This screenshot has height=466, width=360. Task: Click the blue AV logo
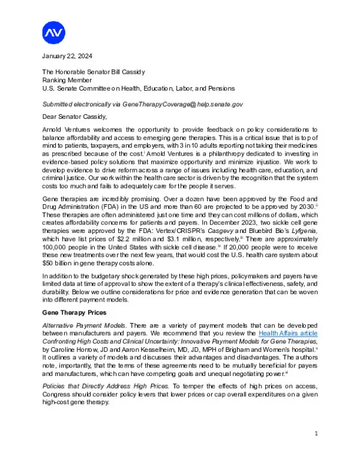(x=54, y=32)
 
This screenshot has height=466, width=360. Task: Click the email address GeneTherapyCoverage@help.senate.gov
(x=182, y=104)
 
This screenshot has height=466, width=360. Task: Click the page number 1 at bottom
(x=316, y=434)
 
